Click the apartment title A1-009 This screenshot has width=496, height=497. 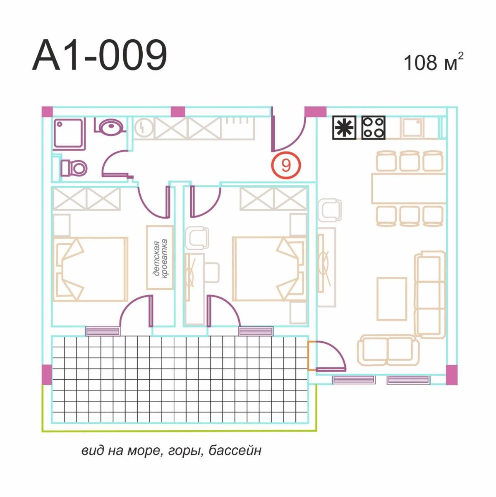point(100,55)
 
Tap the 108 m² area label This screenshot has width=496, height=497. point(434,62)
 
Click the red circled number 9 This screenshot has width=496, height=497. point(286,165)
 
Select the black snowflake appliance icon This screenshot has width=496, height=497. point(344,128)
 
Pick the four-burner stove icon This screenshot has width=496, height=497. point(374,128)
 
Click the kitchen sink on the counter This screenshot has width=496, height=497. point(412,128)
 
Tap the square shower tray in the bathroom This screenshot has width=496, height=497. point(69,134)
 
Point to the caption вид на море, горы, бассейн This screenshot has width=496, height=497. point(171,450)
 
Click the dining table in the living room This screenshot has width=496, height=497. point(409,188)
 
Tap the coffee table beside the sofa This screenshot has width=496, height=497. point(392,299)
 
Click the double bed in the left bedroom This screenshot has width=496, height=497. point(91,269)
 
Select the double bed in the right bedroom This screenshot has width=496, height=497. point(270,269)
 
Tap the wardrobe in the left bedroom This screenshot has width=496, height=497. point(86,199)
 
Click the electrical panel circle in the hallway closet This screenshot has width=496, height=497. point(144,128)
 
